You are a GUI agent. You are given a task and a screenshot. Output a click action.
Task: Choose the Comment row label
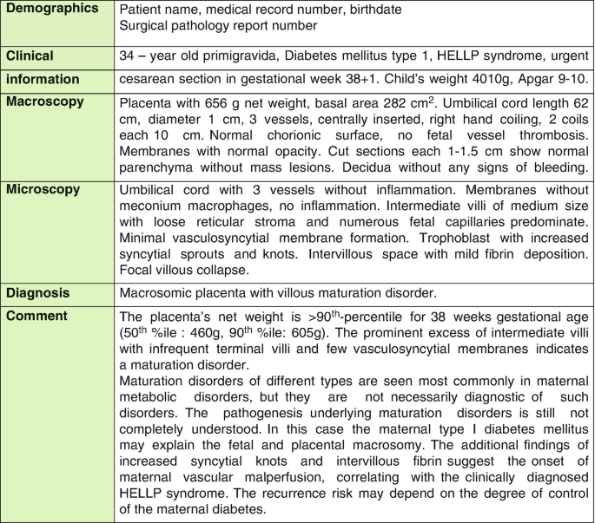pos(38,315)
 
